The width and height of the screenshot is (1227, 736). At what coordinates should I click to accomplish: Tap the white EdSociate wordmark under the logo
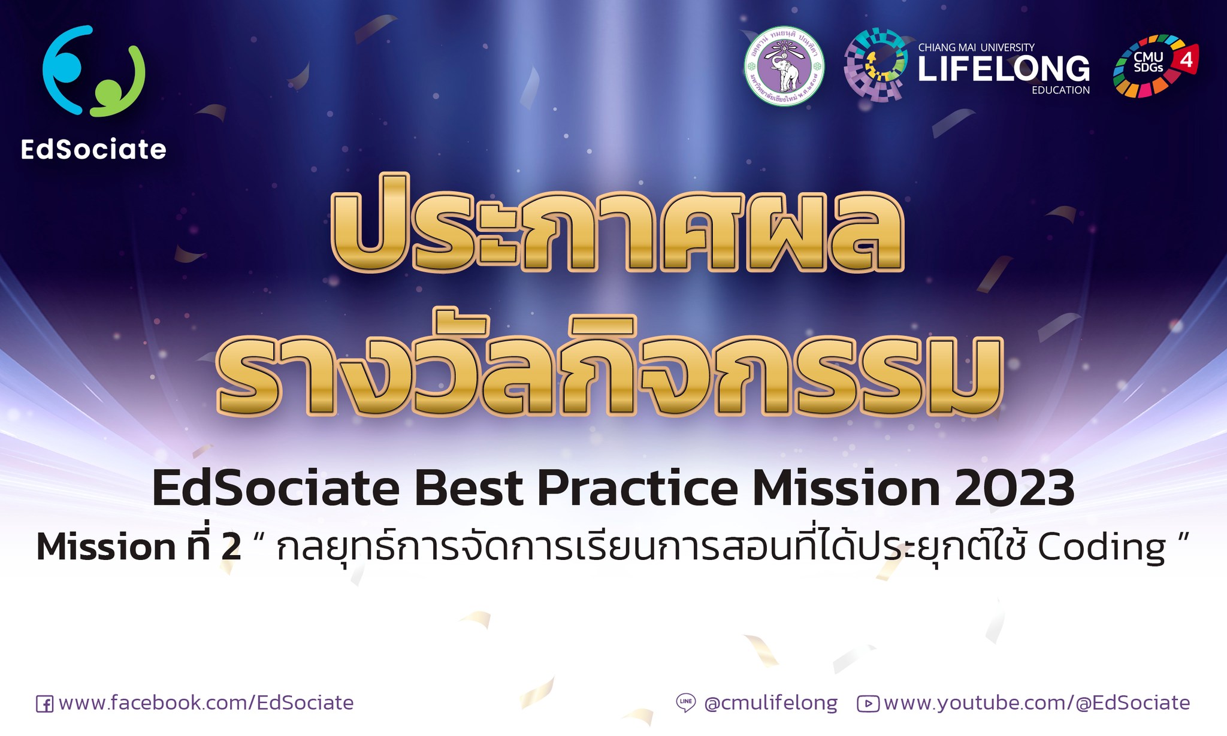pyautogui.click(x=93, y=149)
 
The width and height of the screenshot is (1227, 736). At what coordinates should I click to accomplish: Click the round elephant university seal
pyautogui.click(x=784, y=66)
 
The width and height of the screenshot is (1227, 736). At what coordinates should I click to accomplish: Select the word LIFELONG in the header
pyautogui.click(x=1004, y=69)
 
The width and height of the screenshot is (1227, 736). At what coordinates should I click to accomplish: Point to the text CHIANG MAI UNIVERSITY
pyautogui.click(x=976, y=47)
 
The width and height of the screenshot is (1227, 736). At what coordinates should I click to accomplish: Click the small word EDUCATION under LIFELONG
pyautogui.click(x=1060, y=90)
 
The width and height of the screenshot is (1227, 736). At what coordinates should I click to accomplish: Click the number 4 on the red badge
pyautogui.click(x=1186, y=60)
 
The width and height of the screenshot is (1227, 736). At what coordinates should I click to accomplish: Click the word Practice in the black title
pyautogui.click(x=637, y=489)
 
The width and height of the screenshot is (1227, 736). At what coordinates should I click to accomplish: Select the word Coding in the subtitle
pyautogui.click(x=1101, y=548)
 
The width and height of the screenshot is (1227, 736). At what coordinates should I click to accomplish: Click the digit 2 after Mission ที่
pyautogui.click(x=231, y=547)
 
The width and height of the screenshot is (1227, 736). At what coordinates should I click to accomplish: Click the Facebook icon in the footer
pyautogui.click(x=44, y=704)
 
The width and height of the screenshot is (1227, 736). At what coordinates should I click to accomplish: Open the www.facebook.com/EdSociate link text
pyautogui.click(x=206, y=703)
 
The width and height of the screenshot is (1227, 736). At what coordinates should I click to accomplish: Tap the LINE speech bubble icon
pyautogui.click(x=685, y=702)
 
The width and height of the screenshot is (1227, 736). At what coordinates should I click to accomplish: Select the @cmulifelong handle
pyautogui.click(x=771, y=704)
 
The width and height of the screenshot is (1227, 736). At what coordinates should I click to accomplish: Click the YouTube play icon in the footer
pyautogui.click(x=868, y=704)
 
